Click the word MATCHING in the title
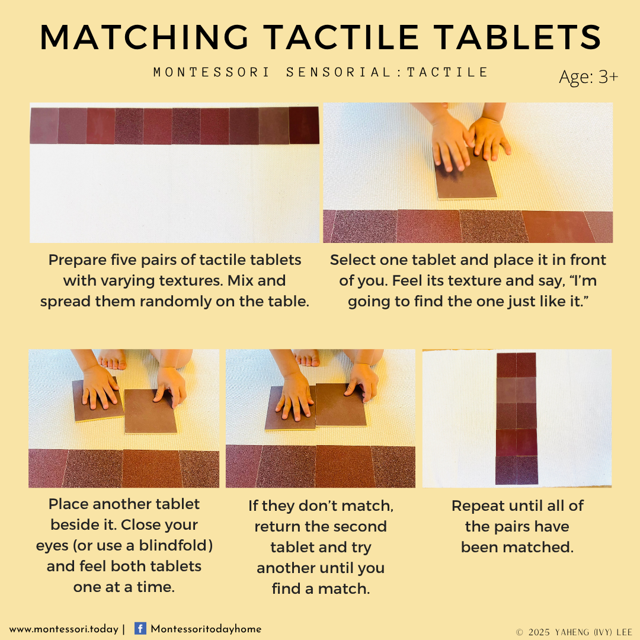tap(144, 37)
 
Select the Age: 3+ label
tap(588, 76)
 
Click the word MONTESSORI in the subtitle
tap(211, 72)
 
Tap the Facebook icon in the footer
tap(140, 628)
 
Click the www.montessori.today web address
tap(63, 629)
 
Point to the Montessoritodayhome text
tap(206, 629)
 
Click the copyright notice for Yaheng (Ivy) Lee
tap(574, 632)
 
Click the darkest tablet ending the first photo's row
tap(303, 125)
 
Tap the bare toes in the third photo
tap(112, 359)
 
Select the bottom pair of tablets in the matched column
tap(517, 470)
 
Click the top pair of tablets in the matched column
tap(516, 365)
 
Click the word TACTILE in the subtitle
tap(447, 72)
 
